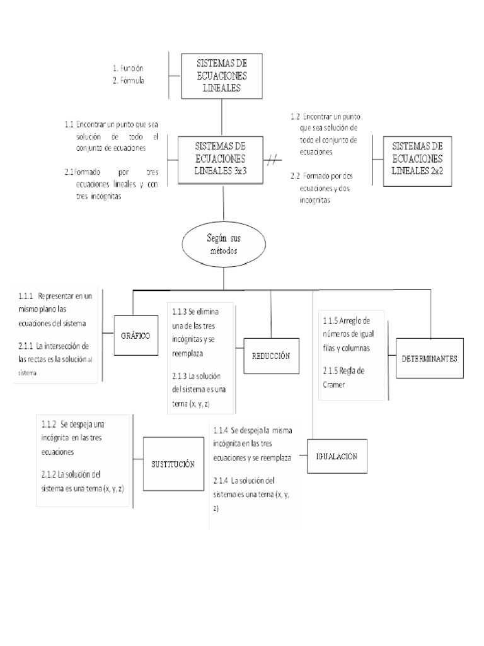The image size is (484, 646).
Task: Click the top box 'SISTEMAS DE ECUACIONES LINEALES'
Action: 222,75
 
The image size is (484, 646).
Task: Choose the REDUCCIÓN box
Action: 272,356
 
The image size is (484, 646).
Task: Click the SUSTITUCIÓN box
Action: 171,464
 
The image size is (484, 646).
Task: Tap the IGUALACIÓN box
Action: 337,455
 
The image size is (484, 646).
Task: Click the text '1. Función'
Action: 130,68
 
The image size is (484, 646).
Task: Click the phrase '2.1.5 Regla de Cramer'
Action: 345,377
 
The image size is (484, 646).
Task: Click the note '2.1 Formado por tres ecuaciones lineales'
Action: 111,184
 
